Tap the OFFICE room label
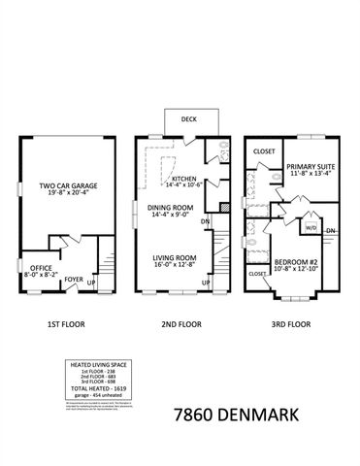pos(41,267)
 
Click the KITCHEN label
pos(184,180)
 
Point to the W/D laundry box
pos(311,227)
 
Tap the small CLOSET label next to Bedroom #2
pos(258,275)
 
